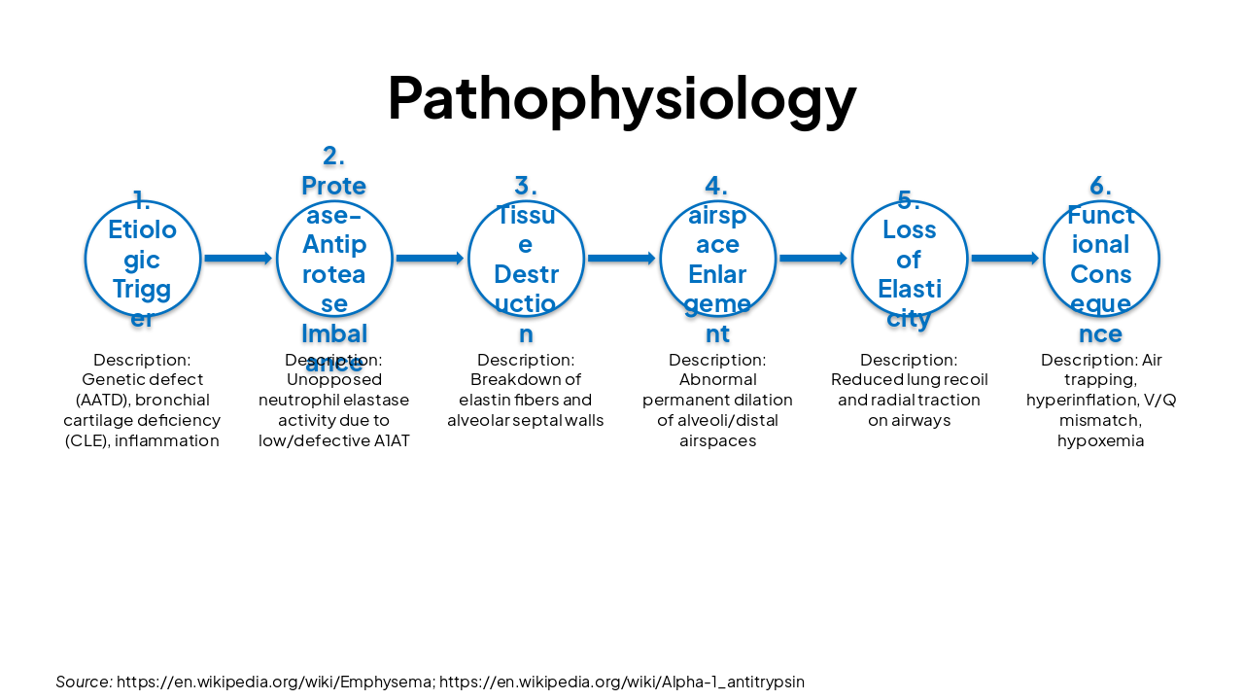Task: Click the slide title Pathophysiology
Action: (622, 97)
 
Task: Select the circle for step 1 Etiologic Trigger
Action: (143, 259)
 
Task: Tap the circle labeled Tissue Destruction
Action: (526, 259)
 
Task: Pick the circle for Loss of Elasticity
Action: (910, 259)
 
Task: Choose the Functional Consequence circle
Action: (1101, 259)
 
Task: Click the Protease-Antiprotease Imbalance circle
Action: (334, 259)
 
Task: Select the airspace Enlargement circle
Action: (717, 259)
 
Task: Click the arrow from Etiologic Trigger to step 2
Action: (238, 259)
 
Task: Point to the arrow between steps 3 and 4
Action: (622, 259)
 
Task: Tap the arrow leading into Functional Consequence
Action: (1005, 259)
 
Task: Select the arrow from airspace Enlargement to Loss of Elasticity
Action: (813, 259)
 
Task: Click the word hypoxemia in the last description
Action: (1101, 441)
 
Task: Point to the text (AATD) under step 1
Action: (102, 401)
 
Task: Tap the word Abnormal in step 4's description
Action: (717, 380)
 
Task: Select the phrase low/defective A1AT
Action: (334, 441)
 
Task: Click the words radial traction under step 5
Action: (931, 401)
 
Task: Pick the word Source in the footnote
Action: (83, 682)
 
